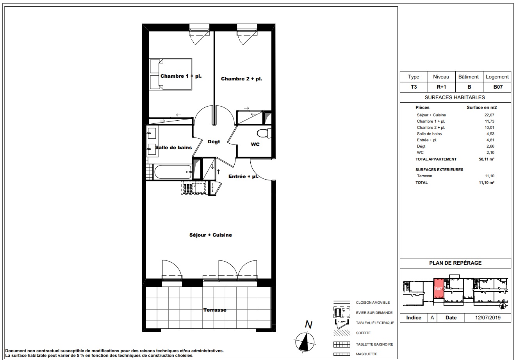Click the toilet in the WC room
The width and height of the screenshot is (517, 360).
[264, 133]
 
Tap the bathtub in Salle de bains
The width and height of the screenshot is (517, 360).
[173, 172]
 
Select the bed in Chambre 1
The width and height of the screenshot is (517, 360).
[171, 74]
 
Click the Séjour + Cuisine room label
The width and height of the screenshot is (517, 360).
[210, 235]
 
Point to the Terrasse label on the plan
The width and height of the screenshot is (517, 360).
[215, 310]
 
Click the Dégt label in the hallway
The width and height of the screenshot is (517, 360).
[214, 142]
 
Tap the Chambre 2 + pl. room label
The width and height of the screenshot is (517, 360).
[241, 79]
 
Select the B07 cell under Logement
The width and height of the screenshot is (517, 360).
[498, 87]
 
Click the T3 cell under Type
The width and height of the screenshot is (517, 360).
[414, 87]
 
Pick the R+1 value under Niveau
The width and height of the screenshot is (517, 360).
[441, 87]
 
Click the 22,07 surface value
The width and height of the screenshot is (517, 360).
[489, 115]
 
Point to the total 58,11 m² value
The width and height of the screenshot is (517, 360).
[487, 159]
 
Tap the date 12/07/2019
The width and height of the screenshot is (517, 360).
[488, 317]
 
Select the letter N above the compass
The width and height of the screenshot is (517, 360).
[308, 325]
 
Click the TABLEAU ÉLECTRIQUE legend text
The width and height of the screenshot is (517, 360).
[375, 323]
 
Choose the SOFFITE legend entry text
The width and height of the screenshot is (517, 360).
[363, 333]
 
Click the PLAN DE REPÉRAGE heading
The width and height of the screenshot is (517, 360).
[455, 263]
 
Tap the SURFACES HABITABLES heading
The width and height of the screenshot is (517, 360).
[455, 97]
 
